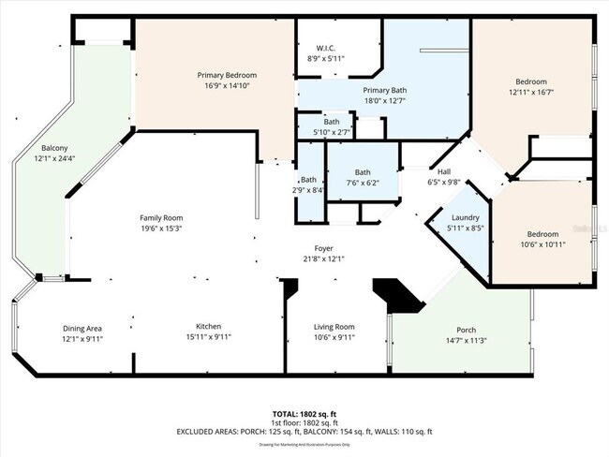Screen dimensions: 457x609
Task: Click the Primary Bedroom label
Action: [x=227, y=75]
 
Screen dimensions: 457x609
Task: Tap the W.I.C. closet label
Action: [x=325, y=47]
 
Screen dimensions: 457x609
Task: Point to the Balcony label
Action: [x=53, y=148]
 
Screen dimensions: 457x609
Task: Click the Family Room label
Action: [x=161, y=217]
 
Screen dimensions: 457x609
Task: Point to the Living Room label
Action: [x=334, y=327]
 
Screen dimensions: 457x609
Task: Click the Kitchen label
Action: [x=208, y=327]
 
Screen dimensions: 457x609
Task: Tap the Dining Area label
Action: [x=82, y=328]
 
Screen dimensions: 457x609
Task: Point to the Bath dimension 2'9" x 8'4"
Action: [x=309, y=190]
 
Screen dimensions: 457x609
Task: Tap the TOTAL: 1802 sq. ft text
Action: [x=304, y=413]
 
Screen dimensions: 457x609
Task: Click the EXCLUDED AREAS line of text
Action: [x=304, y=432]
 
